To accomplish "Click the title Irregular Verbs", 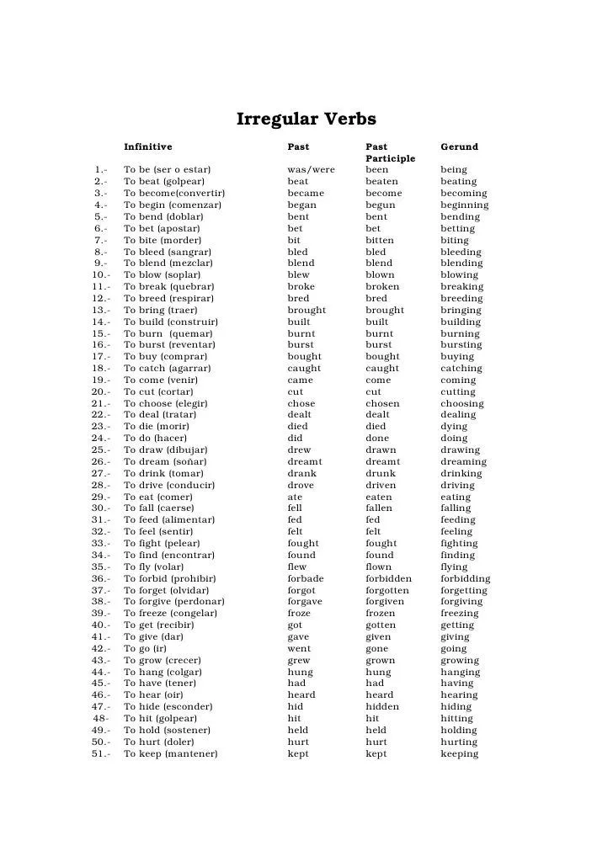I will pyautogui.click(x=306, y=120).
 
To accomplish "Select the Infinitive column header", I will pyautogui.click(x=147, y=146).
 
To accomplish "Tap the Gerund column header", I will pyautogui.click(x=459, y=146).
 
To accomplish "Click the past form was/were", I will pyautogui.click(x=311, y=170).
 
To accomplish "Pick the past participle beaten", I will pyautogui.click(x=382, y=182).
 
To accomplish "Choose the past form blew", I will pyautogui.click(x=298, y=275).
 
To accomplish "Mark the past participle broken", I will pyautogui.click(x=383, y=287).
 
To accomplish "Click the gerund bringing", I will pyautogui.click(x=461, y=310).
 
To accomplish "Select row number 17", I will pyautogui.click(x=99, y=357).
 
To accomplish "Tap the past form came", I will pyautogui.click(x=301, y=380).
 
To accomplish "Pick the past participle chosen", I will pyautogui.click(x=383, y=404).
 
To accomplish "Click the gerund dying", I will pyautogui.click(x=456, y=427).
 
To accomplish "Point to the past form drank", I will pyautogui.click(x=301, y=474).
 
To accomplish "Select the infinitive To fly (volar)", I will pyautogui.click(x=154, y=567).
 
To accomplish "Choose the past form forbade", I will pyautogui.click(x=306, y=579).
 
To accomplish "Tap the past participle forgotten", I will pyautogui.click(x=388, y=591).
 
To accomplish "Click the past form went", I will pyautogui.click(x=300, y=649).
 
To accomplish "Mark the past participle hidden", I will pyautogui.click(x=383, y=707).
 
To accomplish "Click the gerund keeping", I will pyautogui.click(x=459, y=754).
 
